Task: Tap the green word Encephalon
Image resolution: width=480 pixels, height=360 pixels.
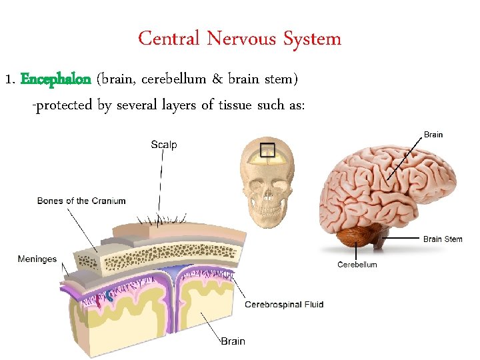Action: point(56,80)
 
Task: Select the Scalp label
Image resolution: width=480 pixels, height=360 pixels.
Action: point(164,144)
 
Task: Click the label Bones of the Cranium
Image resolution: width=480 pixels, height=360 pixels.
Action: point(81,201)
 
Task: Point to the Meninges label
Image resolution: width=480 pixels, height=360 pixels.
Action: point(37,259)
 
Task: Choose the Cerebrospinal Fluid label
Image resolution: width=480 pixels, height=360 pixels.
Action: point(285,305)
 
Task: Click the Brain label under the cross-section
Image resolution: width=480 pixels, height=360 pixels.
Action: point(233,341)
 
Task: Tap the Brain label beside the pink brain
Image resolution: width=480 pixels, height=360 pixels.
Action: point(433,135)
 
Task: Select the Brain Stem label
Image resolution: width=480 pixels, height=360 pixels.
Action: point(443,239)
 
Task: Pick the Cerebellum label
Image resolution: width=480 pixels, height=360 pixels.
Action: point(357,265)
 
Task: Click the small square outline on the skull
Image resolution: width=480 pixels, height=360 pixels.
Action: point(267,151)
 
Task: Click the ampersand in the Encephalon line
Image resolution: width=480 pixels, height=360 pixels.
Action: point(218,80)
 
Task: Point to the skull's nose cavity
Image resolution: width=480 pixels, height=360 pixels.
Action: point(267,194)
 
